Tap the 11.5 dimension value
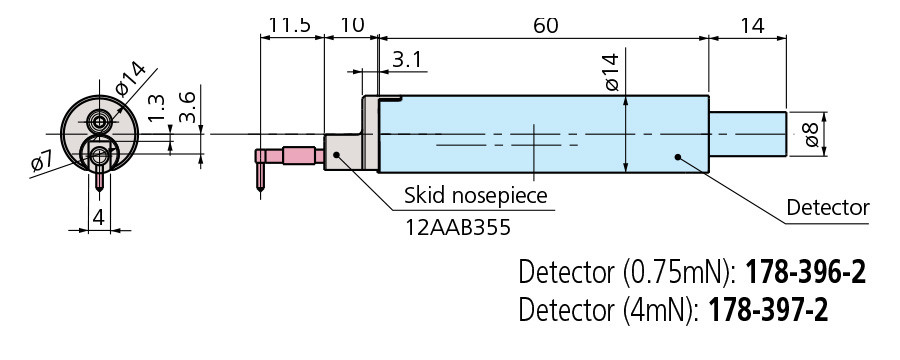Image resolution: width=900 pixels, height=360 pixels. click(290, 24)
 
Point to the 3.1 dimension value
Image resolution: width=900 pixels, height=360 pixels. click(408, 61)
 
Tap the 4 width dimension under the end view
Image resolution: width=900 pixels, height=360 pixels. click(98, 216)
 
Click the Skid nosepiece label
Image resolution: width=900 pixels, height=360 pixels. click(475, 194)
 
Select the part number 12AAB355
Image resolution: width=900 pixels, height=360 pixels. click(457, 227)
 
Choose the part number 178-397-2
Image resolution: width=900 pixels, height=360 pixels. click(768, 311)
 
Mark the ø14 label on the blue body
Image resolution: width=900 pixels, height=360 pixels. click(611, 73)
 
